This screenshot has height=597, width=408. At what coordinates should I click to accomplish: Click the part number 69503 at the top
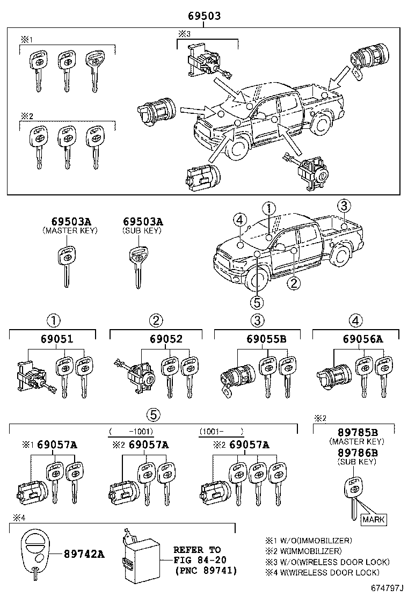[x=204, y=17]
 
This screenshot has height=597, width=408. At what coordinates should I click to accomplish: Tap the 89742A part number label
[x=83, y=554]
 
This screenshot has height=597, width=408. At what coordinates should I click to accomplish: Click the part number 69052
[x=157, y=339]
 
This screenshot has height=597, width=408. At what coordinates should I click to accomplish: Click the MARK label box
[x=373, y=519]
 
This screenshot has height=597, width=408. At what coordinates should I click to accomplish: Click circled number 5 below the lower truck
[x=257, y=302]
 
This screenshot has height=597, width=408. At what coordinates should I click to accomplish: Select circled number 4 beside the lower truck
[x=239, y=220]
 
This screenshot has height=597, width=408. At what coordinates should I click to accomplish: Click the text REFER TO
[x=197, y=550]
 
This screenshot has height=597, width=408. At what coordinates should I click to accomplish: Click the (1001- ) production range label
[x=221, y=431]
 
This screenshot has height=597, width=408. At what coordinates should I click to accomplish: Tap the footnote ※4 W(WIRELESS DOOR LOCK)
[x=328, y=572]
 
